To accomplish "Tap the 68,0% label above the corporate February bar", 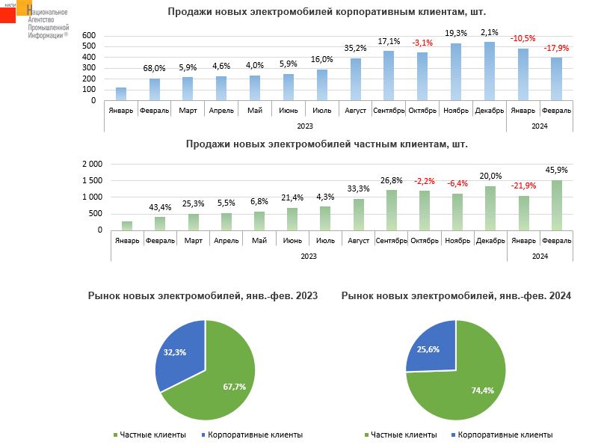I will tap(154, 69).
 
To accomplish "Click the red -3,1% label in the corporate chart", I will tap(422, 43).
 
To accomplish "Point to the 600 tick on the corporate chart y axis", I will tap(89, 36).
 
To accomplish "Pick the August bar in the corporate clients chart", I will tap(356, 79).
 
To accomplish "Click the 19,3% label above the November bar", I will tap(456, 33).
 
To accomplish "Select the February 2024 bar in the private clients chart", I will tap(556, 205).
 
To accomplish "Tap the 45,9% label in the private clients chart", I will tap(556, 170).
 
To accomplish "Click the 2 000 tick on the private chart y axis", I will tap(92, 164).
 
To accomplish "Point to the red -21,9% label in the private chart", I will tap(523, 185).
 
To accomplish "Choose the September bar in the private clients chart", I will tap(392, 210).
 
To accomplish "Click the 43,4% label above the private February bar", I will tap(160, 206).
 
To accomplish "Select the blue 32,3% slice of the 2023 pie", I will tap(182, 353).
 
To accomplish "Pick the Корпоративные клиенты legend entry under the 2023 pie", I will tap(255, 435).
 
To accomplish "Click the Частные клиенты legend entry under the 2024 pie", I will tap(403, 435).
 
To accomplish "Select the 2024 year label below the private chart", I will tap(540, 255).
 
